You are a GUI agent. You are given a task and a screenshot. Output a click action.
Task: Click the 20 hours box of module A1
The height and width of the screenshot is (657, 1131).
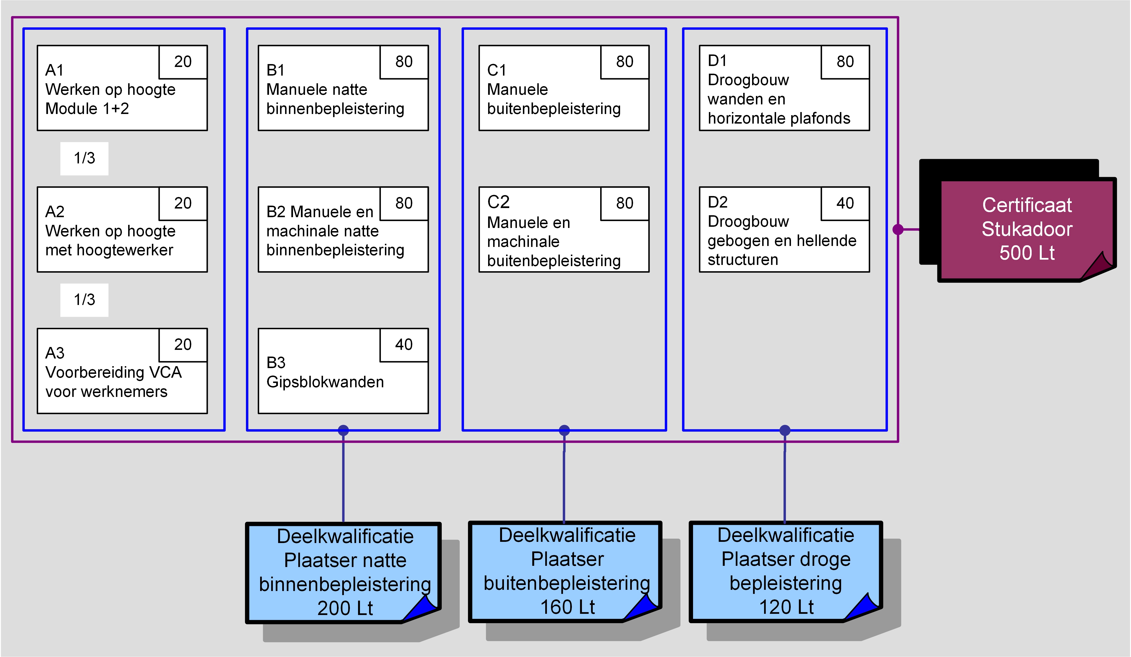pos(183,62)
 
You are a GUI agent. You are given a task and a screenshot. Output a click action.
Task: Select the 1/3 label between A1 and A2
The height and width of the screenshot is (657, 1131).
pos(84,158)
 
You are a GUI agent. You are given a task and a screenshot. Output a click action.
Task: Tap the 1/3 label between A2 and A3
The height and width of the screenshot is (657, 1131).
pos(84,300)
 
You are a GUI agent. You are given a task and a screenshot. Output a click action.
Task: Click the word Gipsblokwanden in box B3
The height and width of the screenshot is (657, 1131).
pos(325,382)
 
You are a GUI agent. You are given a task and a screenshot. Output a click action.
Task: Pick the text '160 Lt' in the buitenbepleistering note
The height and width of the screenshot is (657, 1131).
pos(567,607)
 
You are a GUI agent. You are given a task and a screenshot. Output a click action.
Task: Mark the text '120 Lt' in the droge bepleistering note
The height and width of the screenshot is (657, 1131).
pos(786,607)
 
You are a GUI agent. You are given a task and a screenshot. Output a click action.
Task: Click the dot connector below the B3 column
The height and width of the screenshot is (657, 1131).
pos(343,430)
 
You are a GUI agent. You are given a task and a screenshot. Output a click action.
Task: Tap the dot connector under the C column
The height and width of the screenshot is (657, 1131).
pos(564,430)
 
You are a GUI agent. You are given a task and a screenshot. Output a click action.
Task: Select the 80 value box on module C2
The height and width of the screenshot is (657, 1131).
pos(624,203)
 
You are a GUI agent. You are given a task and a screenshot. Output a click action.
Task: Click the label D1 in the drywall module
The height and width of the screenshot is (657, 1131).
pos(717,60)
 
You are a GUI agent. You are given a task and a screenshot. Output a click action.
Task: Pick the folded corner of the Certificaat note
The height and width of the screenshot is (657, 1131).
pos(1099,265)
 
